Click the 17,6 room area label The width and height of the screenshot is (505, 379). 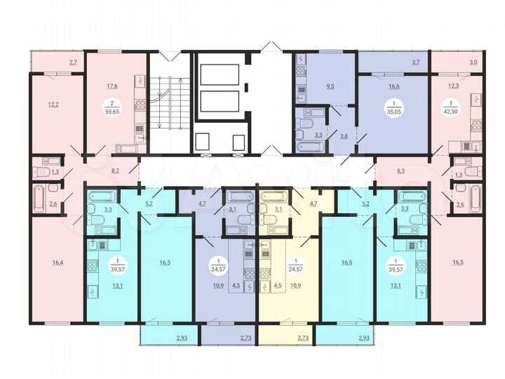pyautogui.click(x=112, y=86)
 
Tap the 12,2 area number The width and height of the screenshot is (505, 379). pyautogui.click(x=53, y=105)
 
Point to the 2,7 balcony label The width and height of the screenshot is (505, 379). pyautogui.click(x=73, y=64)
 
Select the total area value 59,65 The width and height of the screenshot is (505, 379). pyautogui.click(x=112, y=110)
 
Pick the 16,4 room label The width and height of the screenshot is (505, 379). pyautogui.click(x=58, y=263)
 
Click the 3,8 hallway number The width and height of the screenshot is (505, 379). pyautogui.click(x=344, y=137)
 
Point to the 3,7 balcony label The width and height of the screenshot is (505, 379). pyautogui.click(x=415, y=63)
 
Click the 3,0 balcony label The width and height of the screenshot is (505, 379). pyautogui.click(x=473, y=63)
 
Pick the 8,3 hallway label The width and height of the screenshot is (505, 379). pyautogui.click(x=400, y=170)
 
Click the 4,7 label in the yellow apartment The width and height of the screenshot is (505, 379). pyautogui.click(x=314, y=203)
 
